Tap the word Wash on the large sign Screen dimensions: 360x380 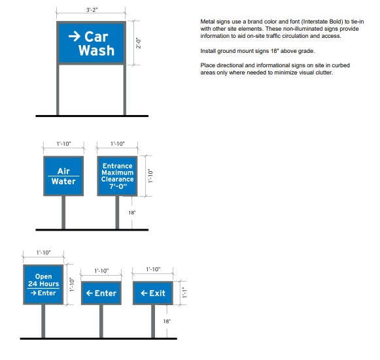tap(96, 50)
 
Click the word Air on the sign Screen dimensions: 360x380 tap(63, 171)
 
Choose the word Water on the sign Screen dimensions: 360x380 tap(63, 181)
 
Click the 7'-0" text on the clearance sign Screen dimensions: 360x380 tap(118, 186)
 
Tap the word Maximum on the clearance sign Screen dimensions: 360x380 tap(118, 172)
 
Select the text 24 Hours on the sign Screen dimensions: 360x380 tap(43, 284)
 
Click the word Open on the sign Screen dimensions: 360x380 tap(43, 276)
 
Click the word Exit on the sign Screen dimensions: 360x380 tap(158, 293)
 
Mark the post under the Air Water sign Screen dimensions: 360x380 tap(63, 212)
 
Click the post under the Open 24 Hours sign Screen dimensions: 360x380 tap(43, 321)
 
